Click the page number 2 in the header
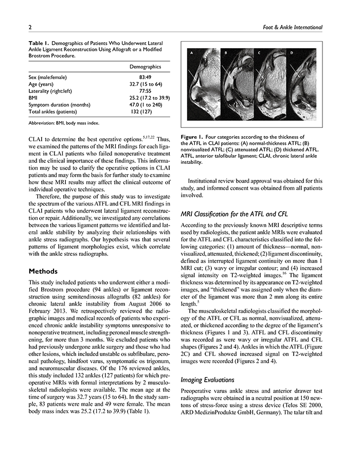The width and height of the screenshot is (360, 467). pyautogui.click(x=30, y=26)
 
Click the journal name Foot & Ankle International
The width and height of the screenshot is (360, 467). pyautogui.click(x=292, y=26)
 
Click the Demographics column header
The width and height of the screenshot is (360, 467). pyautogui.click(x=145, y=67)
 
